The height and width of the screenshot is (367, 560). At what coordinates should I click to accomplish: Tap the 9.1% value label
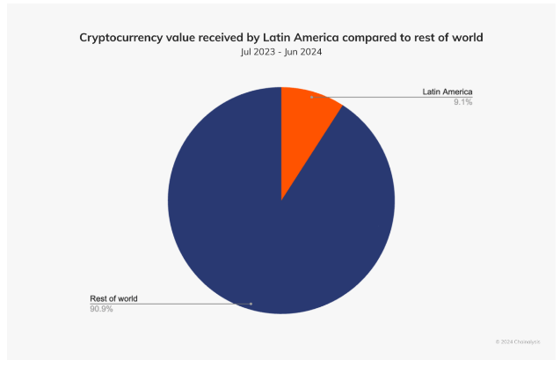462,103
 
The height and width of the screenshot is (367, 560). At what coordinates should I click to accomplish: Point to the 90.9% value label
102,309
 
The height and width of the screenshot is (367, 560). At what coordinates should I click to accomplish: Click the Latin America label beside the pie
447,92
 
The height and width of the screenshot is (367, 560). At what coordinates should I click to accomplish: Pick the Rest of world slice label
113,298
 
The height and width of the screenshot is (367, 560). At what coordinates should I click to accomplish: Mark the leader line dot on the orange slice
312,98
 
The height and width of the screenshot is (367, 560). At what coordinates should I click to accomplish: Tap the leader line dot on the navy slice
251,304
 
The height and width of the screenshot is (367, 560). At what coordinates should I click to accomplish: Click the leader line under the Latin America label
396,98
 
